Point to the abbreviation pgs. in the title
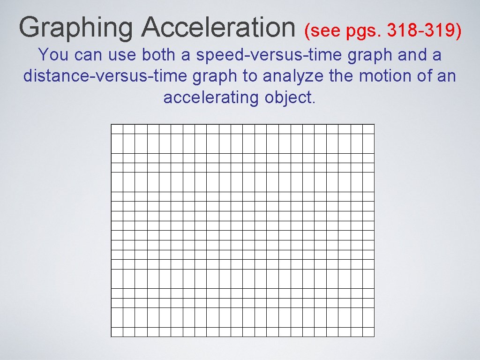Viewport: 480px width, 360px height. [x=363, y=32]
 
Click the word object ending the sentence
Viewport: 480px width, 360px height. [x=290, y=97]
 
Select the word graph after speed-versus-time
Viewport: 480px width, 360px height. [x=370, y=55]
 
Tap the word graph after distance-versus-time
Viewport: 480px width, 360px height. [x=215, y=76]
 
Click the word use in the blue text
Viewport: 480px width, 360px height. [x=122, y=55]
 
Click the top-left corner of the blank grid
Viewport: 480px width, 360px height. [x=111, y=124]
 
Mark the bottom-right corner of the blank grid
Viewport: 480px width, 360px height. [x=375, y=336]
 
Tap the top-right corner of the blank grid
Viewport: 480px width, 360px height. [x=375, y=124]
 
